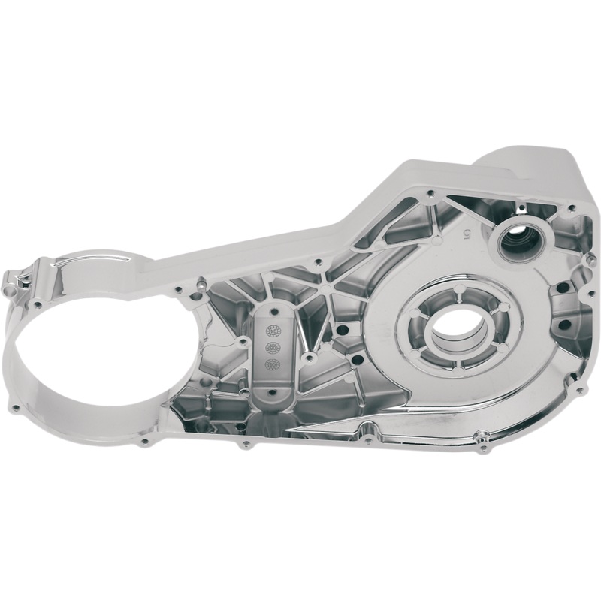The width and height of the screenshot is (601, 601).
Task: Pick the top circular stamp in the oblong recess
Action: click(273, 329)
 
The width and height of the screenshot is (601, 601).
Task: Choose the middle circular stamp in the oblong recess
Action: click(273, 347)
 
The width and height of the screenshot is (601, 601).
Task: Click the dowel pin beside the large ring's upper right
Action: click(201, 284)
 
